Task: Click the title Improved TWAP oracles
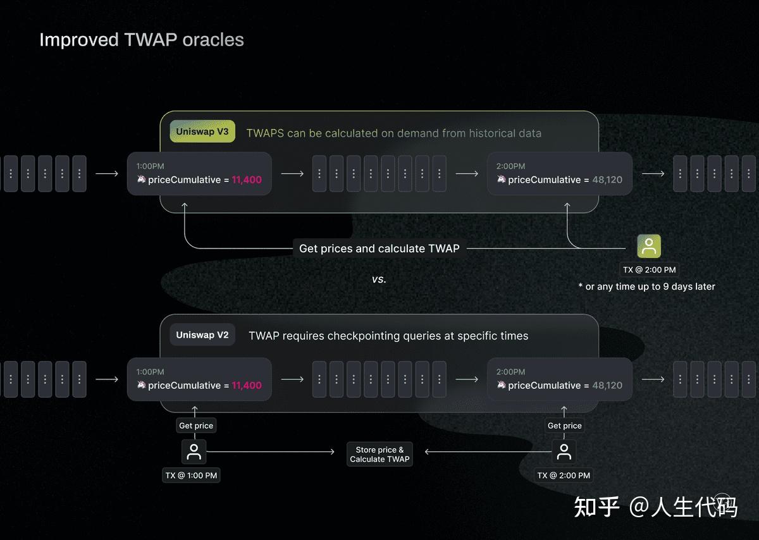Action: tap(141, 40)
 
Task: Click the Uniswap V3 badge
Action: tap(202, 132)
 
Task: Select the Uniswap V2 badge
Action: tap(202, 335)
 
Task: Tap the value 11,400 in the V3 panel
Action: tap(247, 180)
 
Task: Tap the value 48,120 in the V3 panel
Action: tap(607, 180)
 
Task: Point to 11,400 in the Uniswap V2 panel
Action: tap(247, 385)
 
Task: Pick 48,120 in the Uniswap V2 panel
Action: tap(607, 385)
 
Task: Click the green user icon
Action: tap(649, 247)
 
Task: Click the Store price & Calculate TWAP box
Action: tap(379, 455)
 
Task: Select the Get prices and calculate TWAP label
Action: tap(379, 249)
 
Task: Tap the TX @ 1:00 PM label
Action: tap(191, 475)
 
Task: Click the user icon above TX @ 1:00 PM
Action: tap(194, 451)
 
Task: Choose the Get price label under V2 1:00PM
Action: tap(196, 426)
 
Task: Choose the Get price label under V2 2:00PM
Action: tap(564, 426)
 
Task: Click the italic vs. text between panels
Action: tap(379, 279)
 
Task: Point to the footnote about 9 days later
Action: tap(646, 286)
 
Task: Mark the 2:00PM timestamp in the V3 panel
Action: tap(510, 166)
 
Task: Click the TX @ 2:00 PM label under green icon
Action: tap(649, 269)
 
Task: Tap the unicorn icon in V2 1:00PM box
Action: tap(141, 384)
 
